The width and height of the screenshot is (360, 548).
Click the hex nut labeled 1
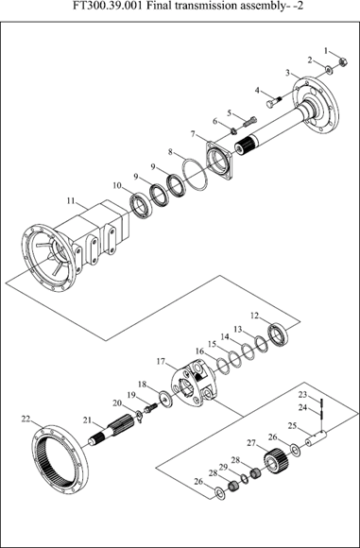pos(343,62)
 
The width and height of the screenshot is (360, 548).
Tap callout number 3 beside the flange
pos(287,73)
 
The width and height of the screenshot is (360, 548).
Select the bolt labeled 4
pos(273,103)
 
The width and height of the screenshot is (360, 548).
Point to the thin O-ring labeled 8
pos(195,175)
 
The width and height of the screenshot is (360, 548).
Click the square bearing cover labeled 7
pos(219,160)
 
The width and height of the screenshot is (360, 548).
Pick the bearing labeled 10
pos(141,205)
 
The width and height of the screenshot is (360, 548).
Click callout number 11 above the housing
pos(71,201)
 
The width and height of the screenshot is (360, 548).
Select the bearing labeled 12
pos(278,334)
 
